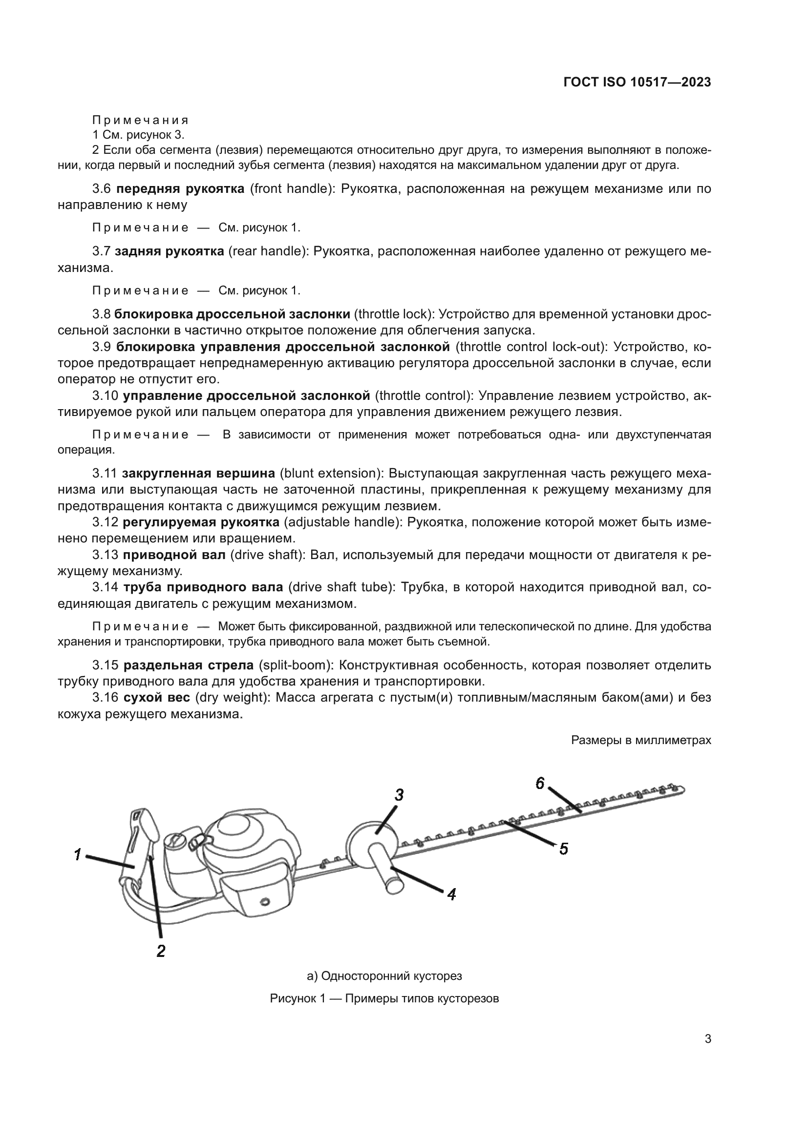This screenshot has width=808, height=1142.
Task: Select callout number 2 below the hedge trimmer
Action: click(161, 951)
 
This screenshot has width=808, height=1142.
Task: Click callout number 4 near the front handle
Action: click(451, 894)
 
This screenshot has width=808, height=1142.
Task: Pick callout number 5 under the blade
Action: click(563, 848)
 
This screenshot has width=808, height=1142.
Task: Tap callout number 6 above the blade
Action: click(540, 783)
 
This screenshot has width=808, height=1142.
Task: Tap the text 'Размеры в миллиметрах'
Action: click(641, 740)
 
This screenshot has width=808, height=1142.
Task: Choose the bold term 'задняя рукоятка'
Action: click(169, 251)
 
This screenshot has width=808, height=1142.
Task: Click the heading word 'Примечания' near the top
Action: click(141, 120)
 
